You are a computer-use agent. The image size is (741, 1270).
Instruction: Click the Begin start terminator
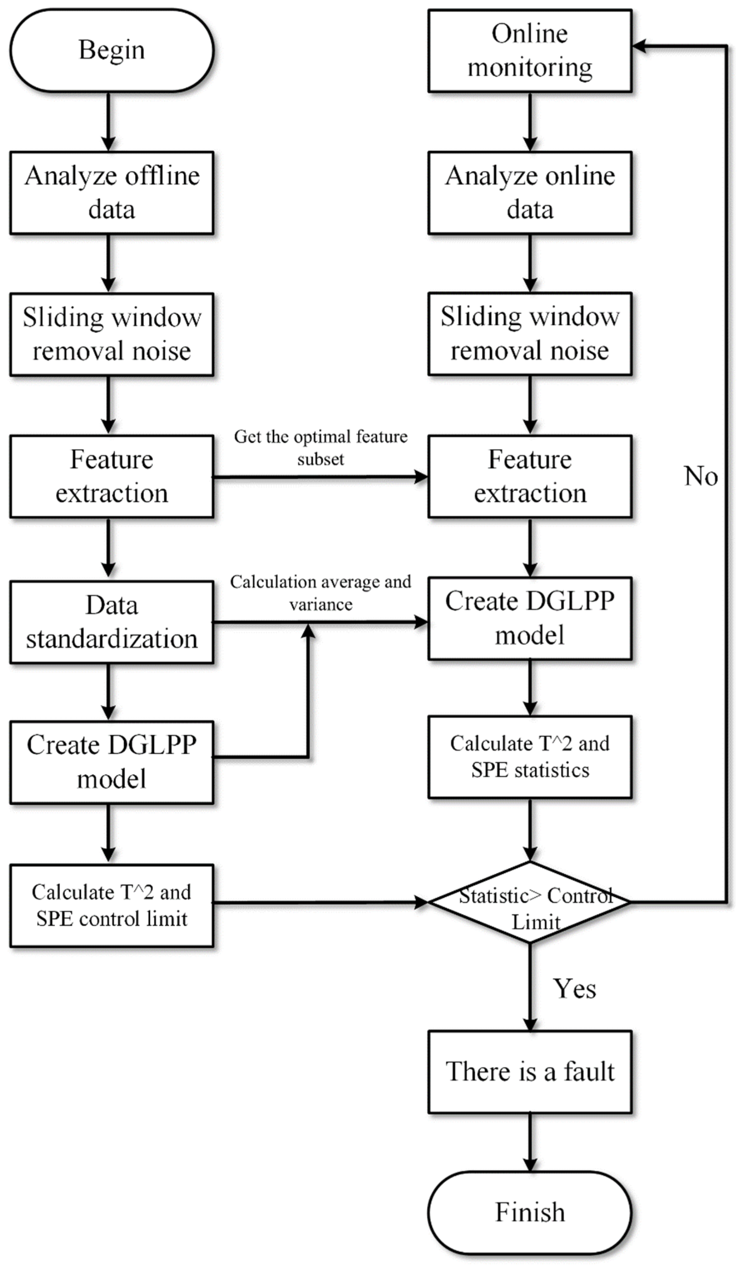[x=111, y=50]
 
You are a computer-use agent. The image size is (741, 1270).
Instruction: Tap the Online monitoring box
[x=530, y=50]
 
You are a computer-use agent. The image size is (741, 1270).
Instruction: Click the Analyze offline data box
[x=111, y=192]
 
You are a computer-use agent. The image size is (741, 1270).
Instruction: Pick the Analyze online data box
[x=530, y=192]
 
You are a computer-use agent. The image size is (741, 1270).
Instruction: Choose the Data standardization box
[x=111, y=621]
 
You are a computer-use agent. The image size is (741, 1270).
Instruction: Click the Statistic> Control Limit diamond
[x=530, y=902]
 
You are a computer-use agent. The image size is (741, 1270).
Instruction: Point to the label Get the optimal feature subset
[x=320, y=448]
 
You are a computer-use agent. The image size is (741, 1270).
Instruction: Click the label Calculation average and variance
[x=320, y=593]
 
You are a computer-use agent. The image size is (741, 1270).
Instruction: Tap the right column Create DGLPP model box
[x=530, y=618]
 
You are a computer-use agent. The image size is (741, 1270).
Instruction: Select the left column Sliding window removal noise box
[x=111, y=334]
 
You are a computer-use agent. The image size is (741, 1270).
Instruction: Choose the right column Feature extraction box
[x=530, y=476]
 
